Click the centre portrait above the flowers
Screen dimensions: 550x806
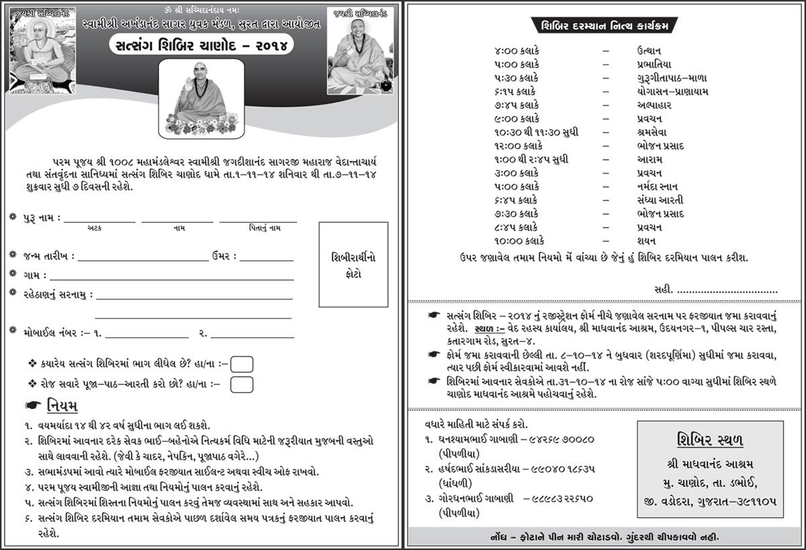pos(200,97)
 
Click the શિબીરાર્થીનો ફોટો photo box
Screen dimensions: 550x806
pos(354,264)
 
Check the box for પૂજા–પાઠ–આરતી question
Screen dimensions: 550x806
pos(242,384)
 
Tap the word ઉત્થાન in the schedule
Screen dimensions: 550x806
pos(650,50)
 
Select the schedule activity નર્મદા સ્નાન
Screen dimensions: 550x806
pos(660,187)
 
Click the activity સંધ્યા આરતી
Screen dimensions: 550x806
pos(661,200)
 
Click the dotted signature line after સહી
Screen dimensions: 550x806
pos(727,290)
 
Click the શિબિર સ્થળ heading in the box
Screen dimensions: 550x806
pos(709,440)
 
